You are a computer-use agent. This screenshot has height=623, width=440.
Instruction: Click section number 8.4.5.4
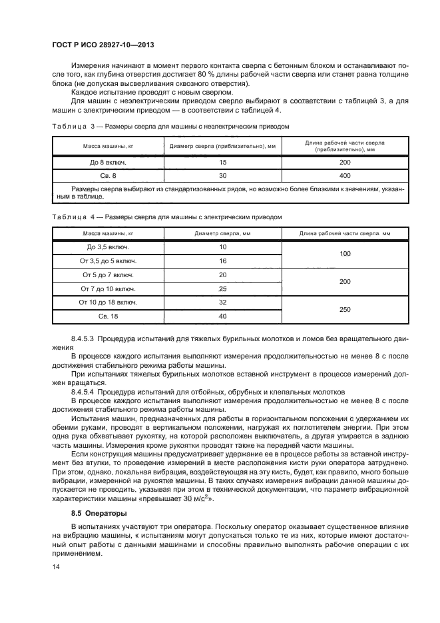click(85, 391)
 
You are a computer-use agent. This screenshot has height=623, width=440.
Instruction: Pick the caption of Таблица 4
click(167, 217)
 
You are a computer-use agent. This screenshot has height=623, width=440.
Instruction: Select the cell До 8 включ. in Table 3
click(108, 163)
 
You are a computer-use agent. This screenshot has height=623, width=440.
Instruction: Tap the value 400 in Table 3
click(344, 176)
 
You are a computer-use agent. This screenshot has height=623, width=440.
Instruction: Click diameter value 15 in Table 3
click(222, 163)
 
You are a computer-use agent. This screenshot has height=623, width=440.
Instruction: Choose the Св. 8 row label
click(108, 176)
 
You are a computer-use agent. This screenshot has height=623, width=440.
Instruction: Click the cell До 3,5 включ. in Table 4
click(108, 247)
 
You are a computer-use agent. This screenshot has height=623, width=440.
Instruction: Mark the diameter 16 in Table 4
click(222, 261)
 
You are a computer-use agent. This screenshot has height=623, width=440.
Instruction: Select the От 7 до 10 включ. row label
click(108, 289)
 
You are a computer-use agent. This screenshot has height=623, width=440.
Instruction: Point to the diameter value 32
click(222, 302)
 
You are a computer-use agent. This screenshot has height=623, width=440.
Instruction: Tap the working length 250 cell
click(344, 309)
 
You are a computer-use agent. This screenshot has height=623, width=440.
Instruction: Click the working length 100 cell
click(344, 254)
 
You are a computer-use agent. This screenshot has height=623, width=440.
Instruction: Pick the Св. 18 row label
click(108, 316)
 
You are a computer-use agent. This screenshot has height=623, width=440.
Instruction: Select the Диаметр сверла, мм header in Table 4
click(222, 233)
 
